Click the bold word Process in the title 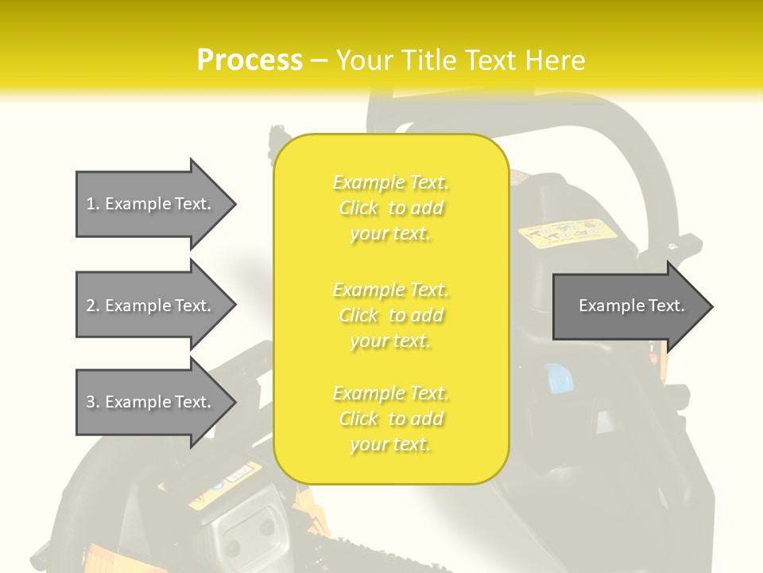[250, 60]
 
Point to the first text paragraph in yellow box [391, 208]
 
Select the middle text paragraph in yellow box [391, 315]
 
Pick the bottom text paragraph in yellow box [391, 419]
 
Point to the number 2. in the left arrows [93, 306]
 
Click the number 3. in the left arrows [93, 402]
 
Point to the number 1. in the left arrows [93, 204]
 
